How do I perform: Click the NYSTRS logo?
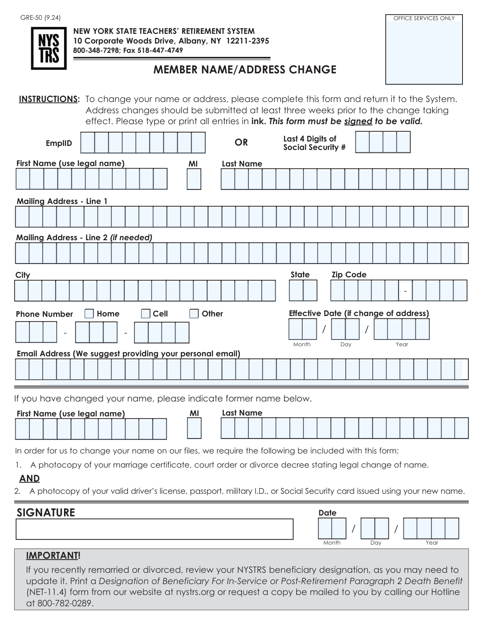pyautogui.click(x=49, y=49)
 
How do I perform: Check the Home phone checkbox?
pyautogui.click(x=89, y=314)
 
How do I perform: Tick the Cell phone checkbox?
pyautogui.click(x=145, y=314)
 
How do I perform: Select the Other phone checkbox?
pyautogui.click(x=194, y=314)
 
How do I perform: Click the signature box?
pyautogui.click(x=154, y=529)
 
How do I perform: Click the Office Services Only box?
pyautogui.click(x=424, y=49)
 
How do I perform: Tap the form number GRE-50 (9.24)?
pyautogui.click(x=41, y=17)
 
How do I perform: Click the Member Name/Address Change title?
pyautogui.click(x=245, y=70)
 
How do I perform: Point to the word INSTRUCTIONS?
pyautogui.click(x=49, y=99)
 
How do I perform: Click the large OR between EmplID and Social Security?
pyautogui.click(x=241, y=142)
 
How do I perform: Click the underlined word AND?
pyautogui.click(x=29, y=478)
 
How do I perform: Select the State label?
pyautogui.click(x=300, y=275)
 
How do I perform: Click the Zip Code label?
pyautogui.click(x=349, y=275)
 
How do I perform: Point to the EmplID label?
pyautogui.click(x=59, y=143)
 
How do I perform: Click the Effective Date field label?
pyautogui.click(x=359, y=313)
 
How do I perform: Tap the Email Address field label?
pyautogui.click(x=128, y=354)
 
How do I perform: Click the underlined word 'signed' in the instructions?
pyautogui.click(x=358, y=121)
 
